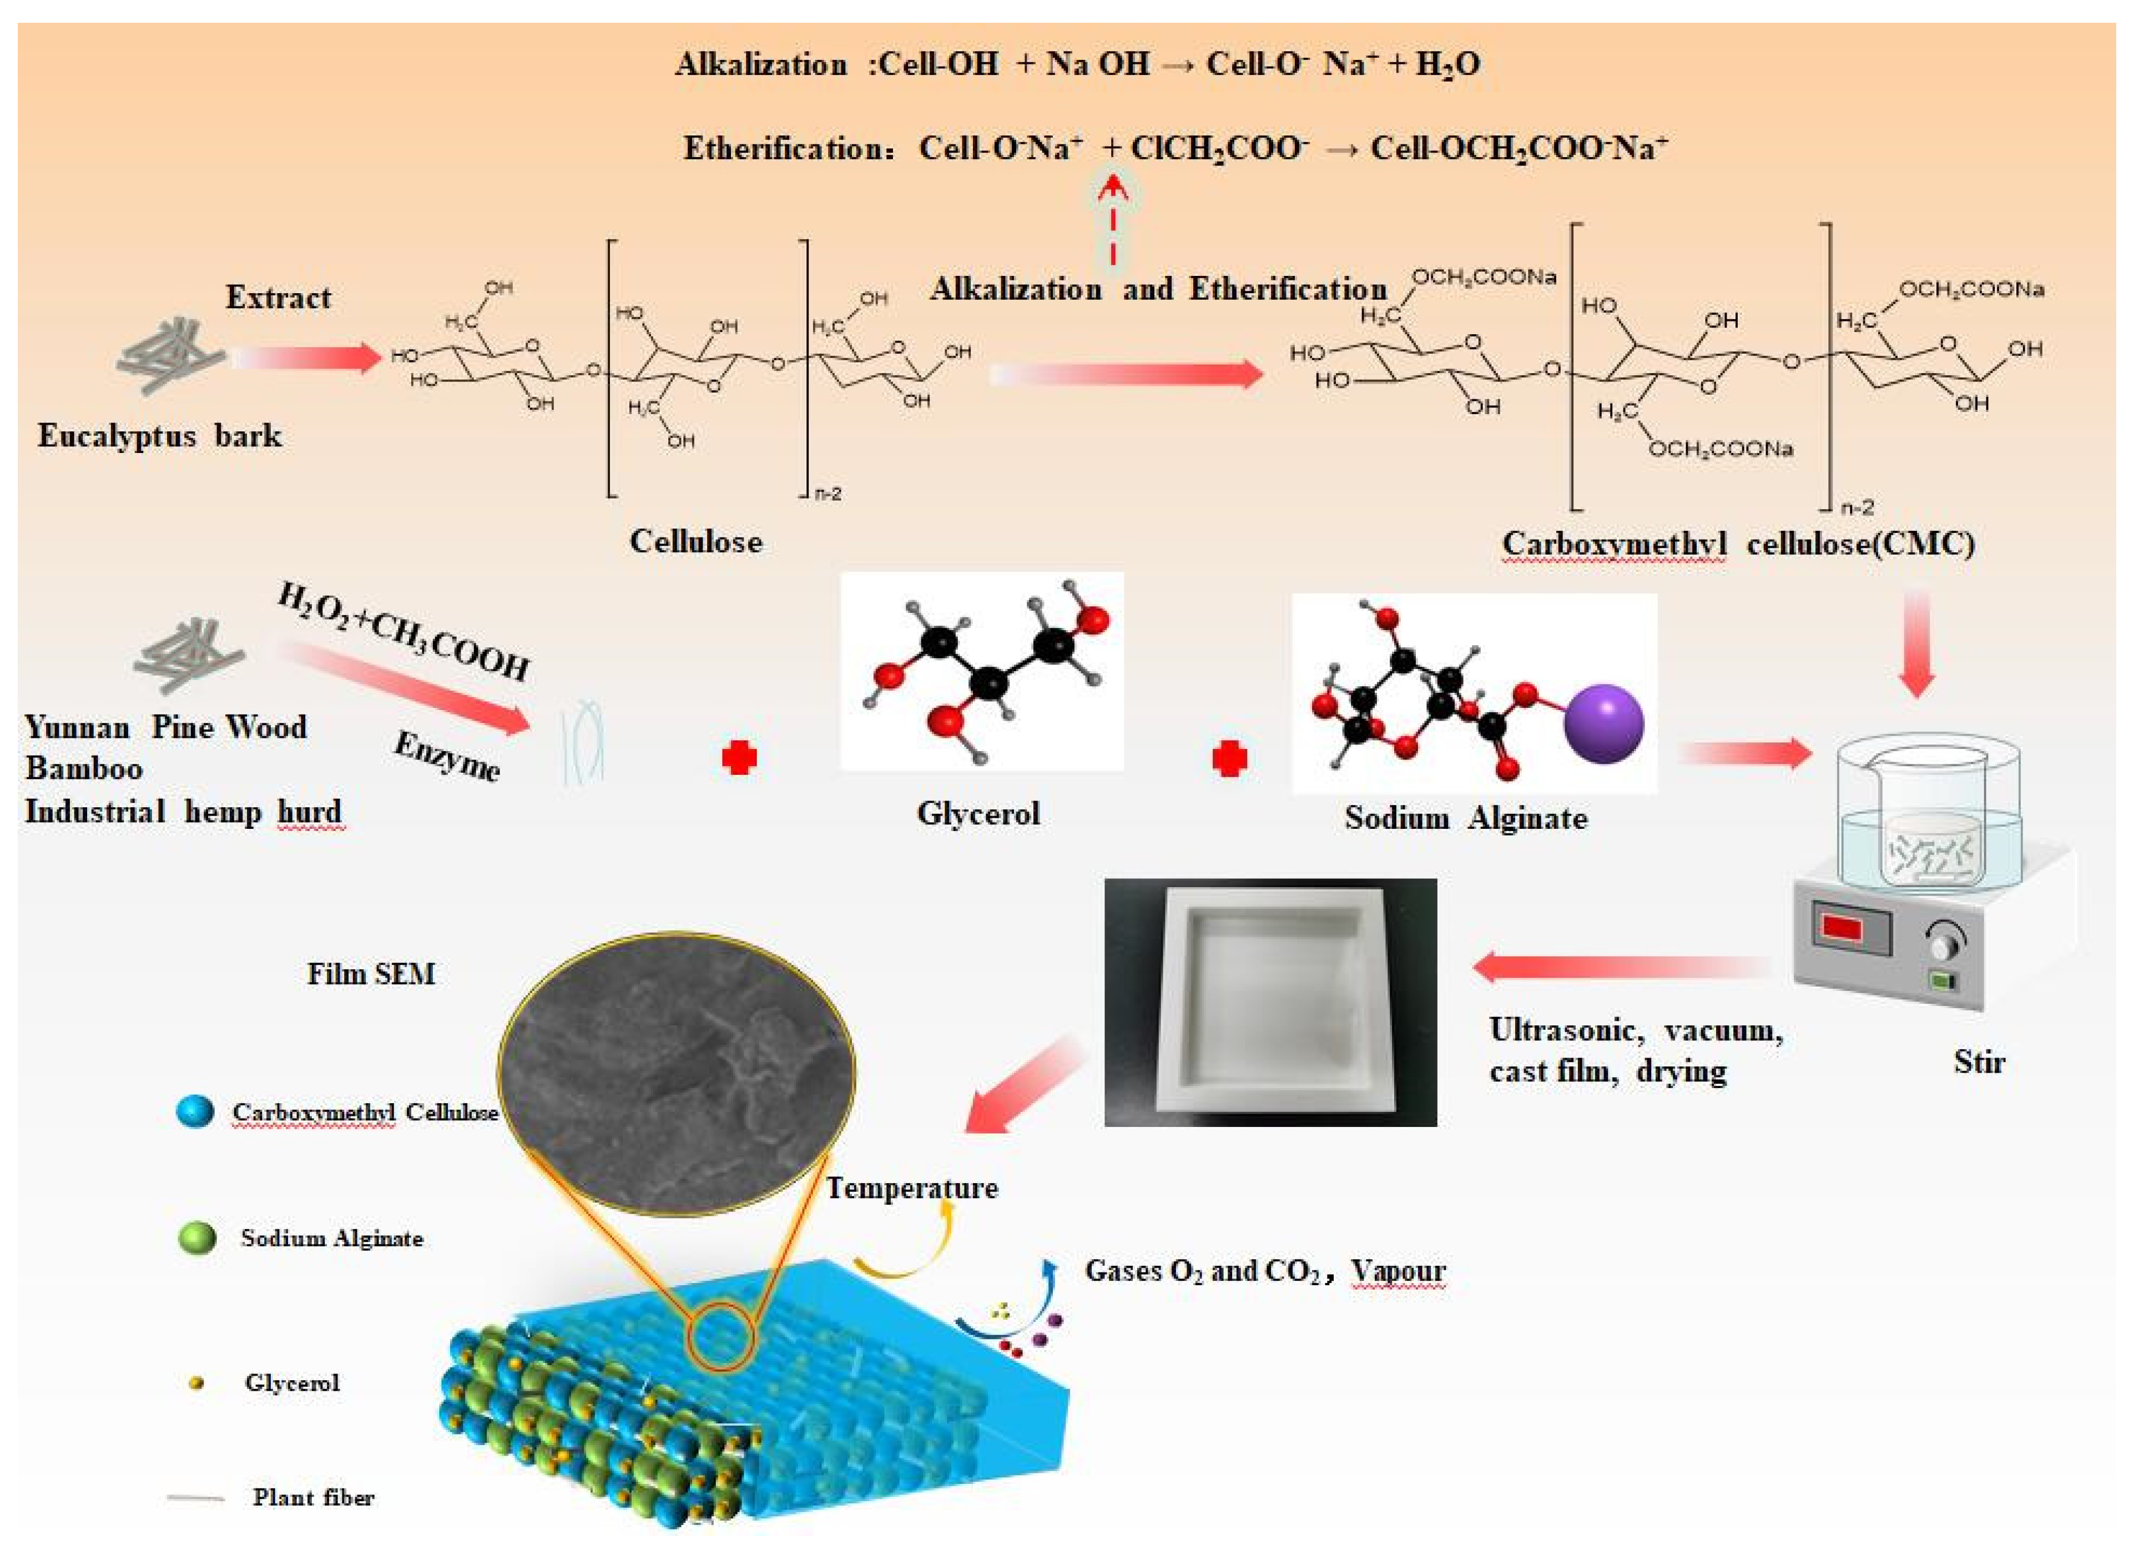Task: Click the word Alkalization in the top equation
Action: [x=760, y=64]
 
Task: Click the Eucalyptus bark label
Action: [x=159, y=436]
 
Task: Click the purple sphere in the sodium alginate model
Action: [x=1603, y=724]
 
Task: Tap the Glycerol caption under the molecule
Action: [x=977, y=813]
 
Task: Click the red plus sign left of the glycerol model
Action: [x=739, y=758]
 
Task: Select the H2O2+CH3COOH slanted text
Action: [x=402, y=632]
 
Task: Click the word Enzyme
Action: [x=446, y=755]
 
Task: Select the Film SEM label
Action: [x=370, y=974]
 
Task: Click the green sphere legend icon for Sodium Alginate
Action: [x=197, y=1238]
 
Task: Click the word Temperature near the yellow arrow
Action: [x=911, y=1188]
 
